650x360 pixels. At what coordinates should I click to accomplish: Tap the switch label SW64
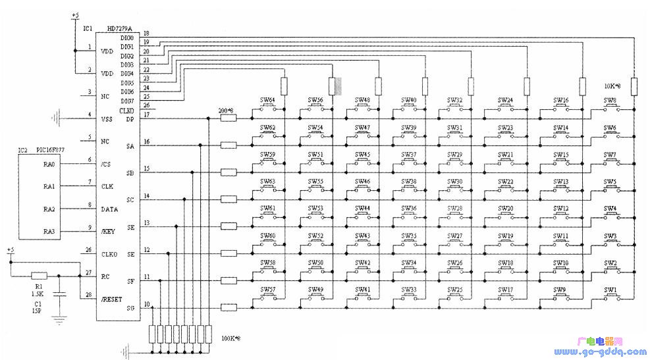pos(267,100)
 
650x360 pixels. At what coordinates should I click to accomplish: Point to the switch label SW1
pos(611,289)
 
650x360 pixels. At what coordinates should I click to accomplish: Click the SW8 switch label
pos(610,100)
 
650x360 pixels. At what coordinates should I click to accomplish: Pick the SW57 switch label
pos(267,289)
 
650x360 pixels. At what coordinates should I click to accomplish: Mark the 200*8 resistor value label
pos(226,112)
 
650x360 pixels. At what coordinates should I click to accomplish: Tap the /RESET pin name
pos(112,299)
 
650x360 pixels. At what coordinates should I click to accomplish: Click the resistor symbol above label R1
pos(40,275)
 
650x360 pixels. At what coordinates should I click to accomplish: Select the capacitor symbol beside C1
pos(60,295)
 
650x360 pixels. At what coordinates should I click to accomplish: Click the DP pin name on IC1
pos(130,118)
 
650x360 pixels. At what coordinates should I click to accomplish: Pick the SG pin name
pos(130,308)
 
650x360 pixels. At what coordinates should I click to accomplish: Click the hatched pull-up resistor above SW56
pos(334,87)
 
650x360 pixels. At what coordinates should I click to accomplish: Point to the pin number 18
pos(146,33)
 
